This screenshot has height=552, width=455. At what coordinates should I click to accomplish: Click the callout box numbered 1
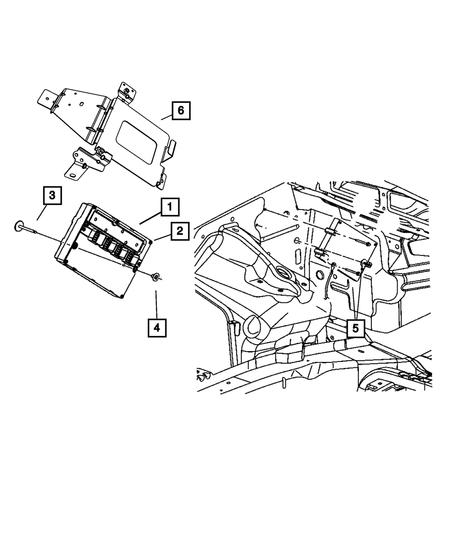[x=169, y=207]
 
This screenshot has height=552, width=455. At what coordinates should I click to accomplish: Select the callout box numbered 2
[x=180, y=231]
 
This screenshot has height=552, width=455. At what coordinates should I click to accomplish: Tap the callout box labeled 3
[x=52, y=196]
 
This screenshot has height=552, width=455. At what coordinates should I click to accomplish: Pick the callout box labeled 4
[x=157, y=327]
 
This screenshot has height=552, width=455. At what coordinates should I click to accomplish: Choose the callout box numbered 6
[x=181, y=110]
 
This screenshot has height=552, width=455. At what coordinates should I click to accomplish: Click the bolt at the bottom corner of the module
[x=122, y=298]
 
